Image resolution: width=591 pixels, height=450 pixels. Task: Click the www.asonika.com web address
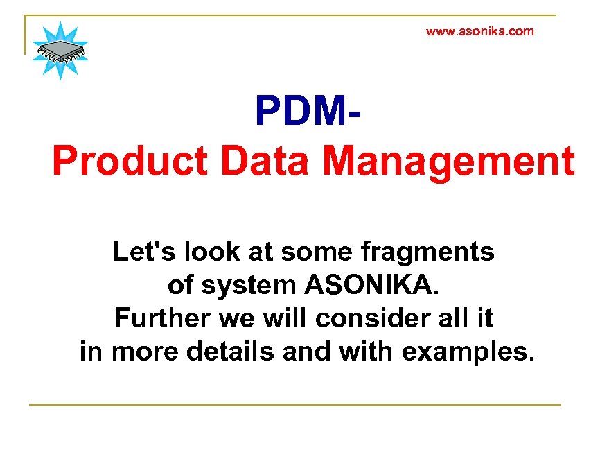pos(479,31)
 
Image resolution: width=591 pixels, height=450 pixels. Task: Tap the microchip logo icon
pos(60,50)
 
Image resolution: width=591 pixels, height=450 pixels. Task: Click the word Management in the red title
pos(449,161)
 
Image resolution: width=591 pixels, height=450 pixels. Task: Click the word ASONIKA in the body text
pos(372,285)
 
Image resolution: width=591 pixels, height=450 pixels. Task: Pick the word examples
pos(468,352)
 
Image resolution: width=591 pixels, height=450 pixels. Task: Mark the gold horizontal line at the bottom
pos(294,404)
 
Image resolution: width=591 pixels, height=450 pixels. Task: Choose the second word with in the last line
pos(367,352)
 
